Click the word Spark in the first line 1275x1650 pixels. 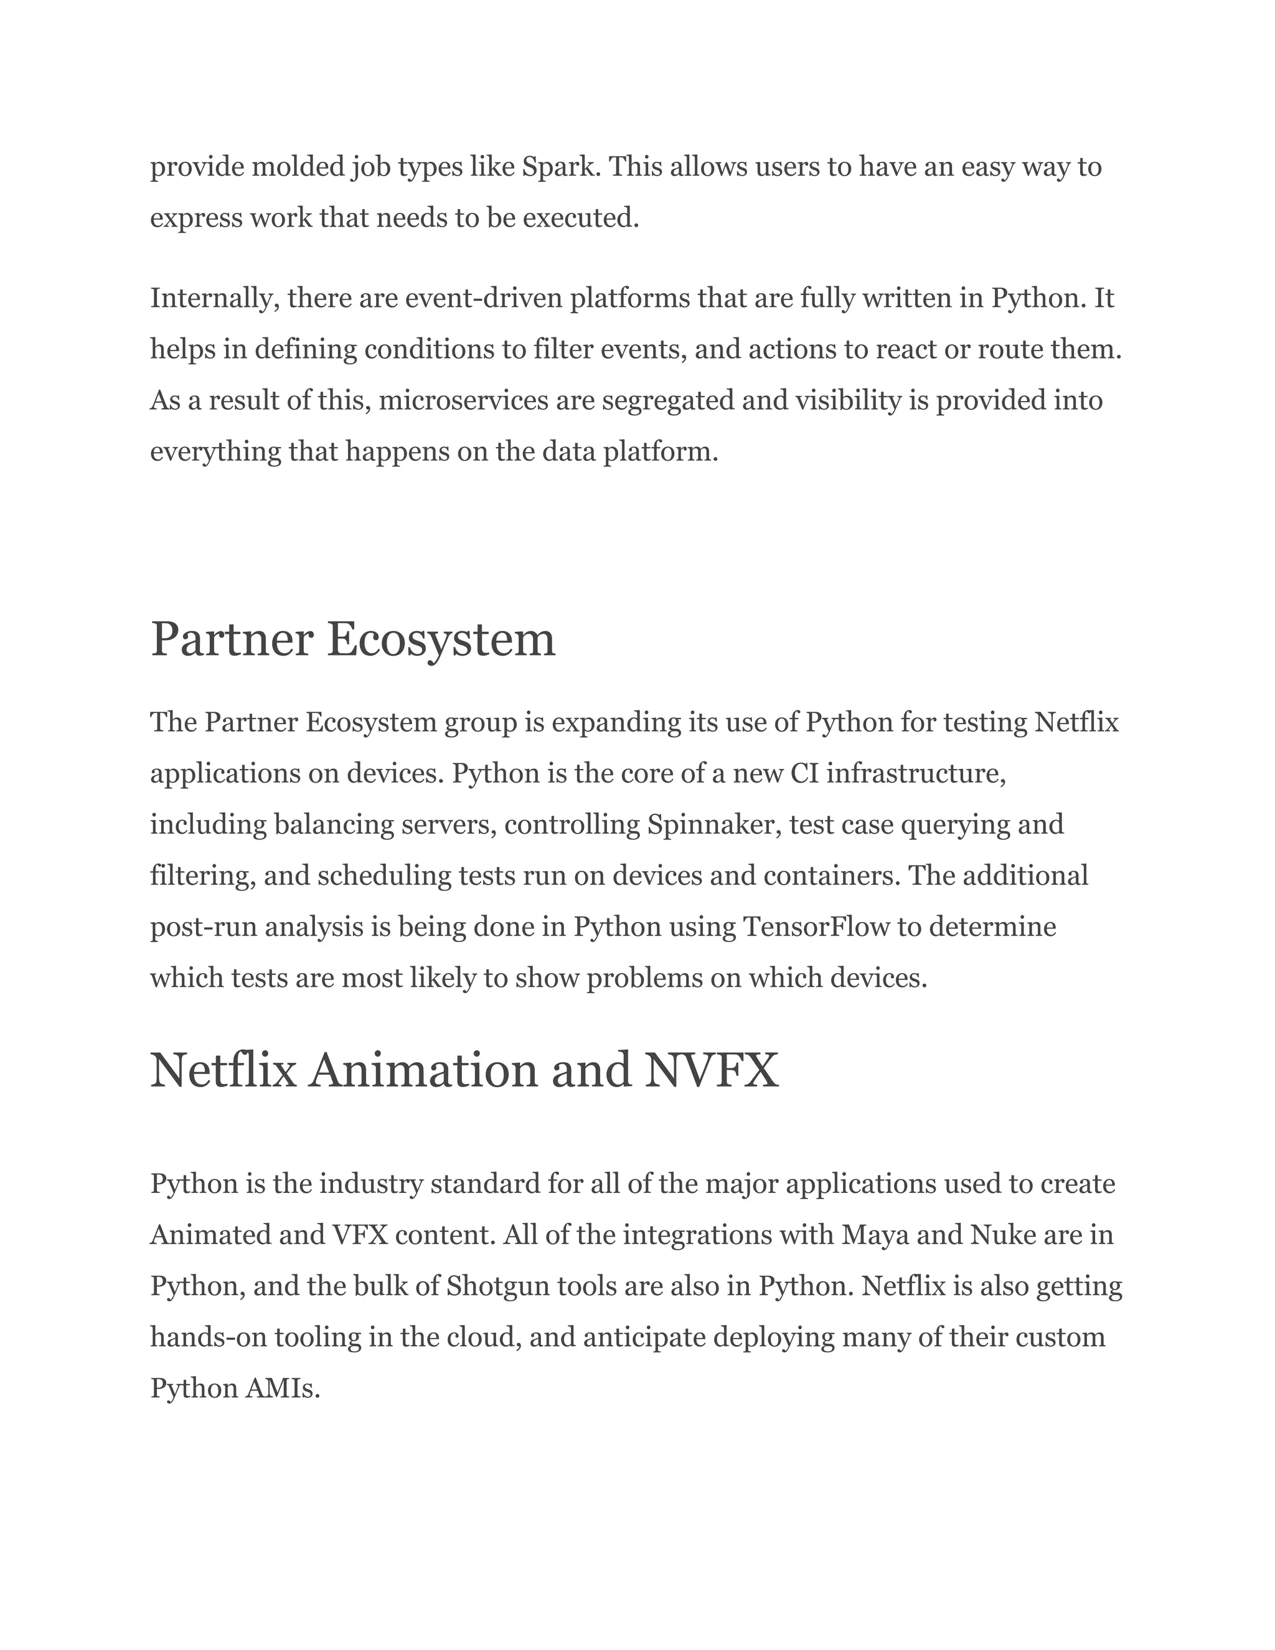click(560, 167)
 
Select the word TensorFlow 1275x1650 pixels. click(817, 927)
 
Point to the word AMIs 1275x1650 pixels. click(283, 1388)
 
